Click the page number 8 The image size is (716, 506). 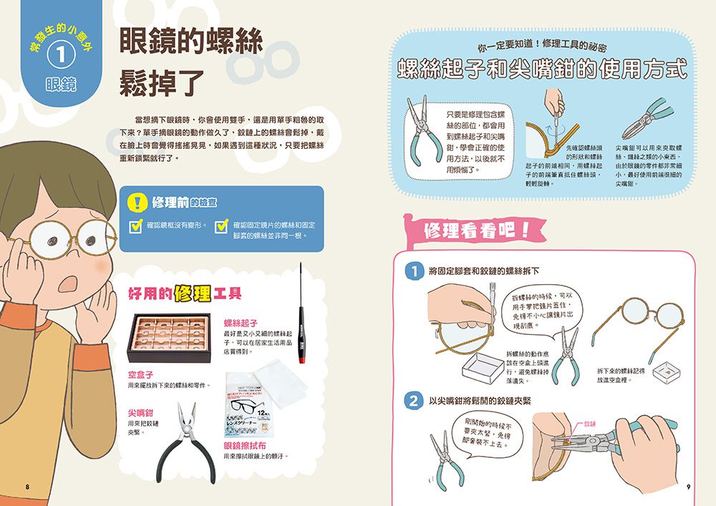click(x=27, y=487)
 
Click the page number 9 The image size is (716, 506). click(x=688, y=487)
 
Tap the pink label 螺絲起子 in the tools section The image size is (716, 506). click(x=240, y=323)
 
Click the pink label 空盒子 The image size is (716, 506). click(x=140, y=374)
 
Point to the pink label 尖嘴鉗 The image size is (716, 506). click(x=140, y=413)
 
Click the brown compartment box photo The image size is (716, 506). click(x=169, y=338)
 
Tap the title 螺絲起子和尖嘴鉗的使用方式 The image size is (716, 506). click(x=542, y=70)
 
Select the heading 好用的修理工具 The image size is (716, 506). click(x=184, y=293)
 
